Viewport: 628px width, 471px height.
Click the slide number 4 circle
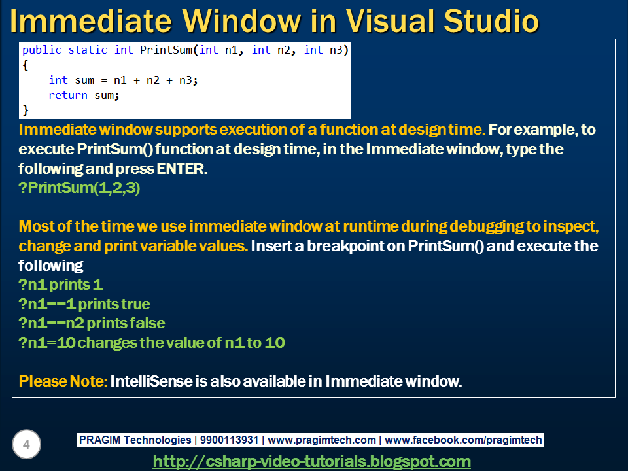(x=26, y=445)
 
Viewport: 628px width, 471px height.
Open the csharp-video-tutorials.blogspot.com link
(x=311, y=461)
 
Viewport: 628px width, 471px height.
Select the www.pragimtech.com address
(x=322, y=440)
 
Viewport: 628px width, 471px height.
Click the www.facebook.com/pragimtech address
(x=464, y=440)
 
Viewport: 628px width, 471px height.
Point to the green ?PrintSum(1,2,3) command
(x=80, y=188)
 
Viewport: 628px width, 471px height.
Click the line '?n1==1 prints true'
(x=84, y=304)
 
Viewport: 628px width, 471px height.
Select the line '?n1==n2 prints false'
(x=92, y=323)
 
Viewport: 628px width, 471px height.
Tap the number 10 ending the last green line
(x=275, y=342)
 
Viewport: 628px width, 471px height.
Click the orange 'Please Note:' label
(x=63, y=381)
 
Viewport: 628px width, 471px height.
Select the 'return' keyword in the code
(x=67, y=95)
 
